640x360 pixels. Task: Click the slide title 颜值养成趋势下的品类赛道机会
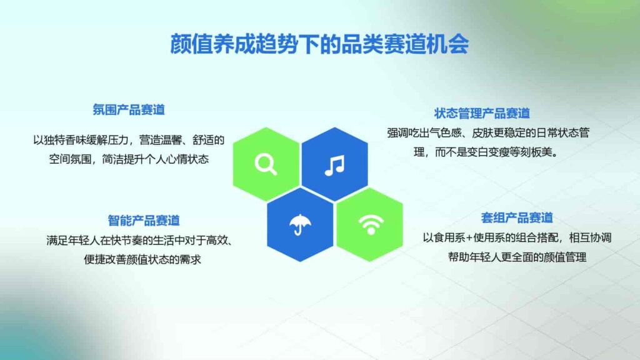click(x=319, y=44)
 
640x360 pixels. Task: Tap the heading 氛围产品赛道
click(x=129, y=110)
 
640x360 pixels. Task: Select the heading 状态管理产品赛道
click(x=482, y=113)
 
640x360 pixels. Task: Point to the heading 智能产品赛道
click(x=144, y=220)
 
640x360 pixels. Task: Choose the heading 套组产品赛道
click(x=517, y=217)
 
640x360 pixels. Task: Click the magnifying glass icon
click(x=266, y=164)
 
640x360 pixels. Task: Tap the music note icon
click(x=335, y=164)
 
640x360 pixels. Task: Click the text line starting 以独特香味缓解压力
click(x=129, y=139)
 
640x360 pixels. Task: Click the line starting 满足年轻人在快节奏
click(x=144, y=239)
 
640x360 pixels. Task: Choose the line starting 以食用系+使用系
click(x=516, y=237)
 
